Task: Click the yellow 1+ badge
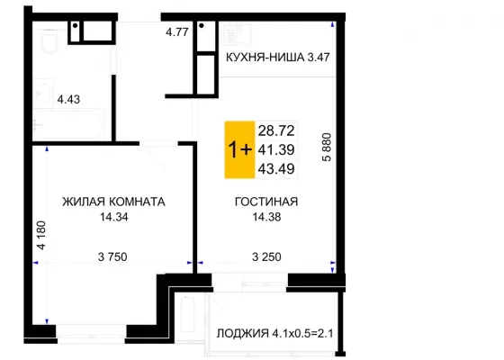point(239,149)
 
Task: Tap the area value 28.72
point(276,130)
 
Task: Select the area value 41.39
point(276,149)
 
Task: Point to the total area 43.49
point(276,169)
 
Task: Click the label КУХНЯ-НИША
point(265,58)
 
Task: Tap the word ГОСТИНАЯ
point(266,202)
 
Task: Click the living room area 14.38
point(266,217)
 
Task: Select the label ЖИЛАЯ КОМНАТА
point(113,202)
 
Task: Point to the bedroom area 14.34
point(113,217)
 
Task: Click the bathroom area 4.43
point(68,99)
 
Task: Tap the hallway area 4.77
point(176,32)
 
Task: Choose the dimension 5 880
point(327,148)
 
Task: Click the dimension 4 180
point(41,235)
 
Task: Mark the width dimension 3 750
point(112,256)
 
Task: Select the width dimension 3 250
point(266,256)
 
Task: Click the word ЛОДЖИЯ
point(243,333)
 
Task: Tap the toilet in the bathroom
point(49,40)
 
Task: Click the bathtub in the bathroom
point(68,124)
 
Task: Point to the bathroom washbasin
point(43,94)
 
